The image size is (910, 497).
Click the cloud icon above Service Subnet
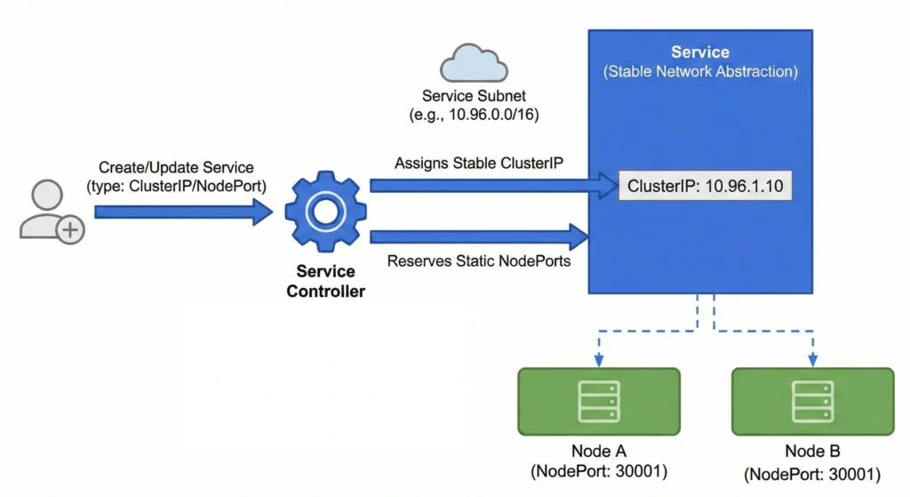coord(474,63)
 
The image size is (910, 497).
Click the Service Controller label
coord(325,281)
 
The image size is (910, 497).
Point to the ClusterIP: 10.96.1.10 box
coord(705,187)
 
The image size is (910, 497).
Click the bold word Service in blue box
coord(700,52)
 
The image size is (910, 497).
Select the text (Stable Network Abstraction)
coord(700,71)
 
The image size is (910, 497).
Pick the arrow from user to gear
coord(182,212)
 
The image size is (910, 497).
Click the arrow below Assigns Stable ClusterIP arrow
coord(480,236)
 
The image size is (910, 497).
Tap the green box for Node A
coord(599,401)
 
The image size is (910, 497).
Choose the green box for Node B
coord(812,401)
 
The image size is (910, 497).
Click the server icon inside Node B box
coord(812,401)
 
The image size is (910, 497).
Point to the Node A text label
coord(598,452)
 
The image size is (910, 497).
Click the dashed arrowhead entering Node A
coord(599,360)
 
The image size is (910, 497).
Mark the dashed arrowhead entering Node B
coord(812,360)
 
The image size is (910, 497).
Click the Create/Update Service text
coord(176,167)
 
